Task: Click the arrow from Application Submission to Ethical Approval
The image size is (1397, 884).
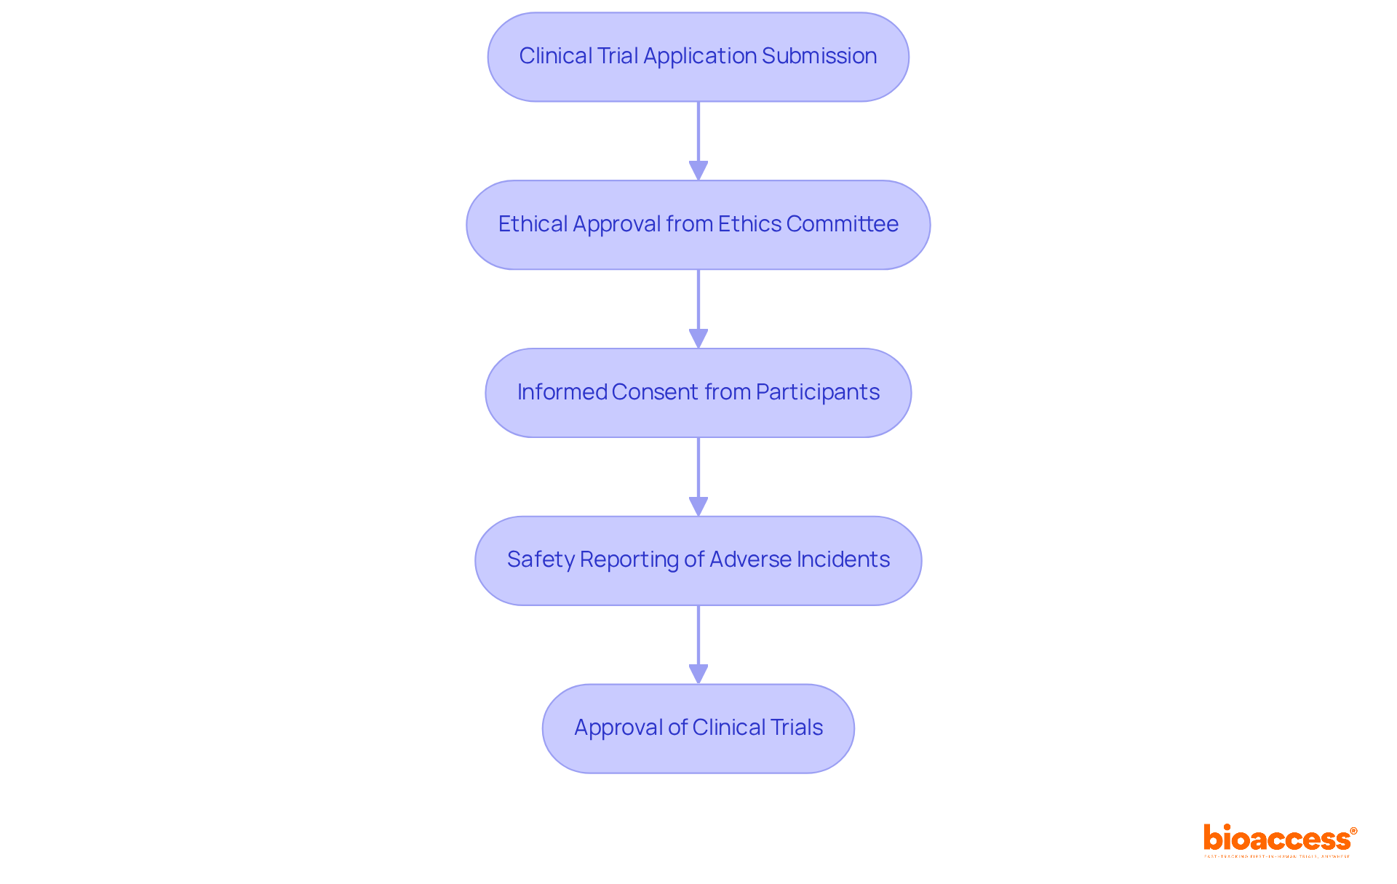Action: [698, 140]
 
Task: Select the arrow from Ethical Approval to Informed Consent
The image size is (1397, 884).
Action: [698, 308]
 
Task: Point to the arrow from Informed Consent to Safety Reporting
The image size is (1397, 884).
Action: [698, 477]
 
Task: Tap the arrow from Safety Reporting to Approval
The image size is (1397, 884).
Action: [698, 644]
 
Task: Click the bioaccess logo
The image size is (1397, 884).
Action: [1278, 839]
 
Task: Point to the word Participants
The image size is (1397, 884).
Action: [817, 392]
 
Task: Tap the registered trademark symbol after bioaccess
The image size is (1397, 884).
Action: [1353, 830]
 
